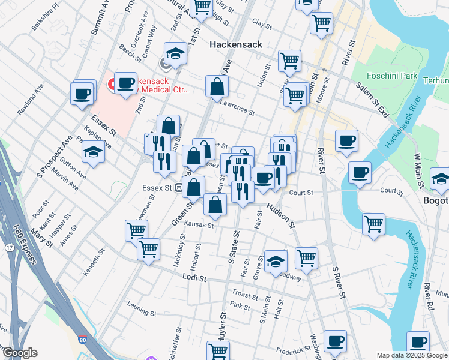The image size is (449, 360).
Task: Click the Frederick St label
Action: click(292, 350)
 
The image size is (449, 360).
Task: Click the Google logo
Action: click(20, 353)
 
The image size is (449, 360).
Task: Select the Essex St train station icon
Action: click(179, 187)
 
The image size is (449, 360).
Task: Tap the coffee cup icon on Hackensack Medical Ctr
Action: click(125, 83)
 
